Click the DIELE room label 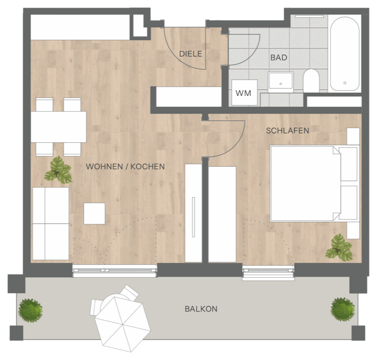tap(190, 54)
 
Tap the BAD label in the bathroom tap(279, 58)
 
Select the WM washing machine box tap(244, 93)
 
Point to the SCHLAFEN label tap(287, 131)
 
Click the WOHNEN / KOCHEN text tap(125, 167)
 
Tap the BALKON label tap(201, 309)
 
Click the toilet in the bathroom tap(311, 81)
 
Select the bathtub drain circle tap(345, 83)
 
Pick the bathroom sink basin tap(281, 82)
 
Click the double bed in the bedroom tap(314, 183)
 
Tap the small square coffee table tap(94, 214)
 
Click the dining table tap(58, 127)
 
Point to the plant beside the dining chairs tap(58, 170)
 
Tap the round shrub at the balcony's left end tap(30, 310)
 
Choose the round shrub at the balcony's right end tap(343, 309)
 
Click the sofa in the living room tap(51, 224)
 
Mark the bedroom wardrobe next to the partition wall tap(222, 214)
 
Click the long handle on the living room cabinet tap(193, 217)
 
